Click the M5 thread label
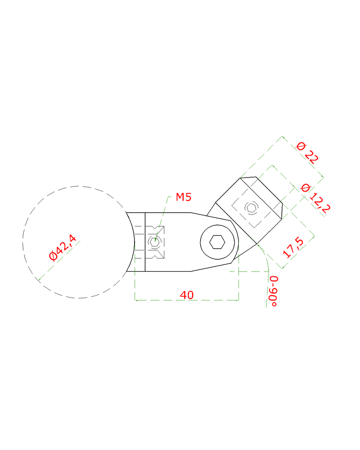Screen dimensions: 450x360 point(183,197)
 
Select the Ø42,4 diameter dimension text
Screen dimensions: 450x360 point(63,249)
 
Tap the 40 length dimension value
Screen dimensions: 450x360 point(187,295)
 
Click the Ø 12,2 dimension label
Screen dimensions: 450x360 point(314,198)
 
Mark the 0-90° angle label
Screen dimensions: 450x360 point(273,291)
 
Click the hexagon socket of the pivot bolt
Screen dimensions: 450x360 point(217,242)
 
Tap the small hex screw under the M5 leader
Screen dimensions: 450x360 point(154,241)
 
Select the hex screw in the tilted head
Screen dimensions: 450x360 point(251,208)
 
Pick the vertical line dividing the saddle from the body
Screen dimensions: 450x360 point(145,242)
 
